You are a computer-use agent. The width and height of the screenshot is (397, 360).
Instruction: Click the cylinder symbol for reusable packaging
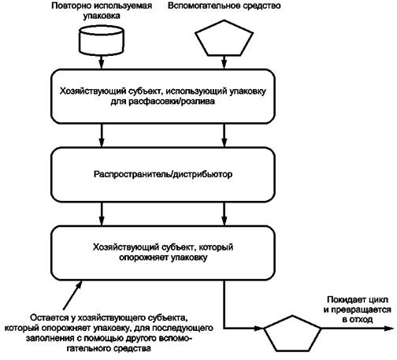coord(102,40)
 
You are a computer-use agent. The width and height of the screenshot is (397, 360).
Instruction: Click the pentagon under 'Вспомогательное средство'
coord(224,39)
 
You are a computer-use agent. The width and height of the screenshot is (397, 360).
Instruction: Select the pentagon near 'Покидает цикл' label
coord(292,333)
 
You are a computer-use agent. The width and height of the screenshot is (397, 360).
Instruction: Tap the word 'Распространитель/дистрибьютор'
coord(163,174)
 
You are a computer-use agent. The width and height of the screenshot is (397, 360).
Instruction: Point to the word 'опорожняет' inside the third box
coord(143,258)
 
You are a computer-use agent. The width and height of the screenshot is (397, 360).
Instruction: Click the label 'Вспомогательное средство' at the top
coord(224,6)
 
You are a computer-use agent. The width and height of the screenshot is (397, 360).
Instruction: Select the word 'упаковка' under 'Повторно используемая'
coord(102,16)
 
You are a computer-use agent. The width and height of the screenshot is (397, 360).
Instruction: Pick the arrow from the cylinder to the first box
coord(102,62)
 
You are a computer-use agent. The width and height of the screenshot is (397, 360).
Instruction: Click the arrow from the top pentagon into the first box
coord(224,62)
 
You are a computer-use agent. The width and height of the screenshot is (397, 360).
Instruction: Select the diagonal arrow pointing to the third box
coord(72,295)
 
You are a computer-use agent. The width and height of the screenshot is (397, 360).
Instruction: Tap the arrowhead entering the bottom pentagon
coord(258,328)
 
